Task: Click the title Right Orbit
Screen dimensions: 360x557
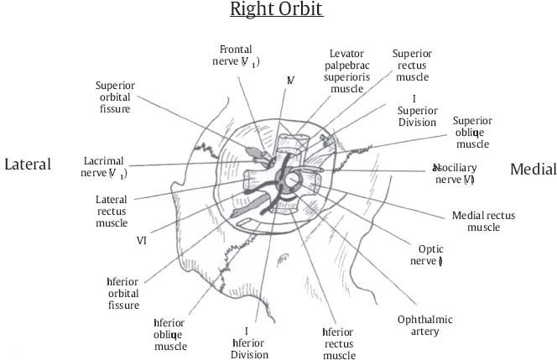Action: (x=277, y=11)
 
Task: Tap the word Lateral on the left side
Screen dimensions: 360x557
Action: (x=28, y=164)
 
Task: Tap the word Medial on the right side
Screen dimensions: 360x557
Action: (x=533, y=170)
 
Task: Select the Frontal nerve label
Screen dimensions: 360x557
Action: (x=237, y=55)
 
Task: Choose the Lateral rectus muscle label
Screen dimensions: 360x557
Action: (x=112, y=212)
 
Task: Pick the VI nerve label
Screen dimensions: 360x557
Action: (x=142, y=240)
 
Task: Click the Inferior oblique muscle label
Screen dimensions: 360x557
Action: (x=170, y=334)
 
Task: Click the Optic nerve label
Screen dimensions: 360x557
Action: (x=425, y=255)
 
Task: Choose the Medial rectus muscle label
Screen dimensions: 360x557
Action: (x=484, y=222)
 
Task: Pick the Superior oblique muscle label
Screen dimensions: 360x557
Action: (x=471, y=133)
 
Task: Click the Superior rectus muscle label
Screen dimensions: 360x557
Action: (x=412, y=65)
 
